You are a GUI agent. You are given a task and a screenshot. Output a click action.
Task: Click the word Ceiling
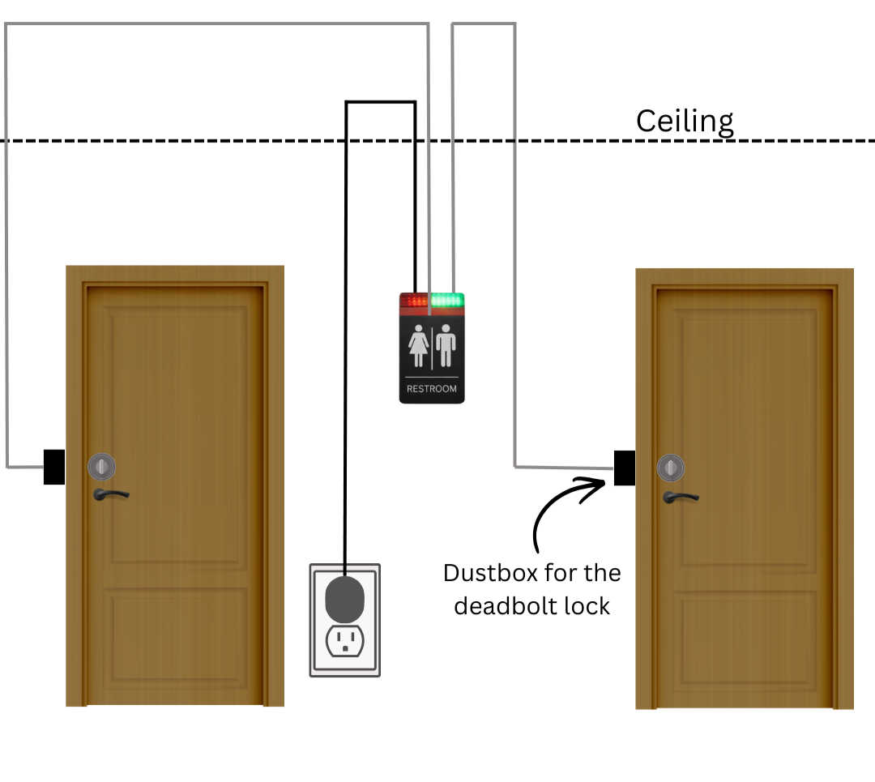[685, 121]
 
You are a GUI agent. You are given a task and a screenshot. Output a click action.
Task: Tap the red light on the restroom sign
[414, 301]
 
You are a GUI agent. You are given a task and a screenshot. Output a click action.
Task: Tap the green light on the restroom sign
[447, 301]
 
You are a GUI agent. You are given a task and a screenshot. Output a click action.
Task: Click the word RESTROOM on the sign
[432, 389]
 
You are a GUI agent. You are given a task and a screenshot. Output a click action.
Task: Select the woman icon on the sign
[418, 346]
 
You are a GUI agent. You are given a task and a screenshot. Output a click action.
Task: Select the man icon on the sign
[446, 346]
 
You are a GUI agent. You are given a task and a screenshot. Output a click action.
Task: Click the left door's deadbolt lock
[102, 466]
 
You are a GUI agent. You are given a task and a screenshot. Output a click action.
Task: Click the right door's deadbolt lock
[671, 468]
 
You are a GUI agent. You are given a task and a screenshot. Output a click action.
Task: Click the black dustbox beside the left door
[53, 467]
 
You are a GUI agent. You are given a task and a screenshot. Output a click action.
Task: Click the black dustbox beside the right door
[624, 468]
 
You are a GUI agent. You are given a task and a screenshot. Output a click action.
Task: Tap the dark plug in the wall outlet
[345, 596]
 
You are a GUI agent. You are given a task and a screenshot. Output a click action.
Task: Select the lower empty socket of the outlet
[344, 641]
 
